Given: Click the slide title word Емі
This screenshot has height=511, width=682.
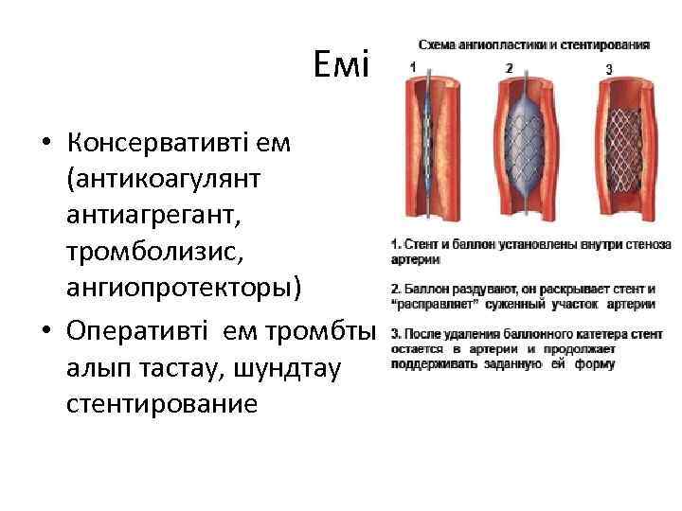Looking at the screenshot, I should point(344,66).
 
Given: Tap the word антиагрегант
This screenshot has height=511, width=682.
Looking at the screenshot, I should point(154,216).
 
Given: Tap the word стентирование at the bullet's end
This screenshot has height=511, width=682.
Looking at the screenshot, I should point(162,404).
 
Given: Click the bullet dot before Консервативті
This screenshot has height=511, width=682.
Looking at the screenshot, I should point(45,146).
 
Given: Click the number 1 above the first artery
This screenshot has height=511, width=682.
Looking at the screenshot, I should point(412,67).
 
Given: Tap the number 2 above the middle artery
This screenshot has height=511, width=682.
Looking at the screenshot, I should point(510,68).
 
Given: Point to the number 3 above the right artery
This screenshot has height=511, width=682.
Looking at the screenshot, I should point(608,68).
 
